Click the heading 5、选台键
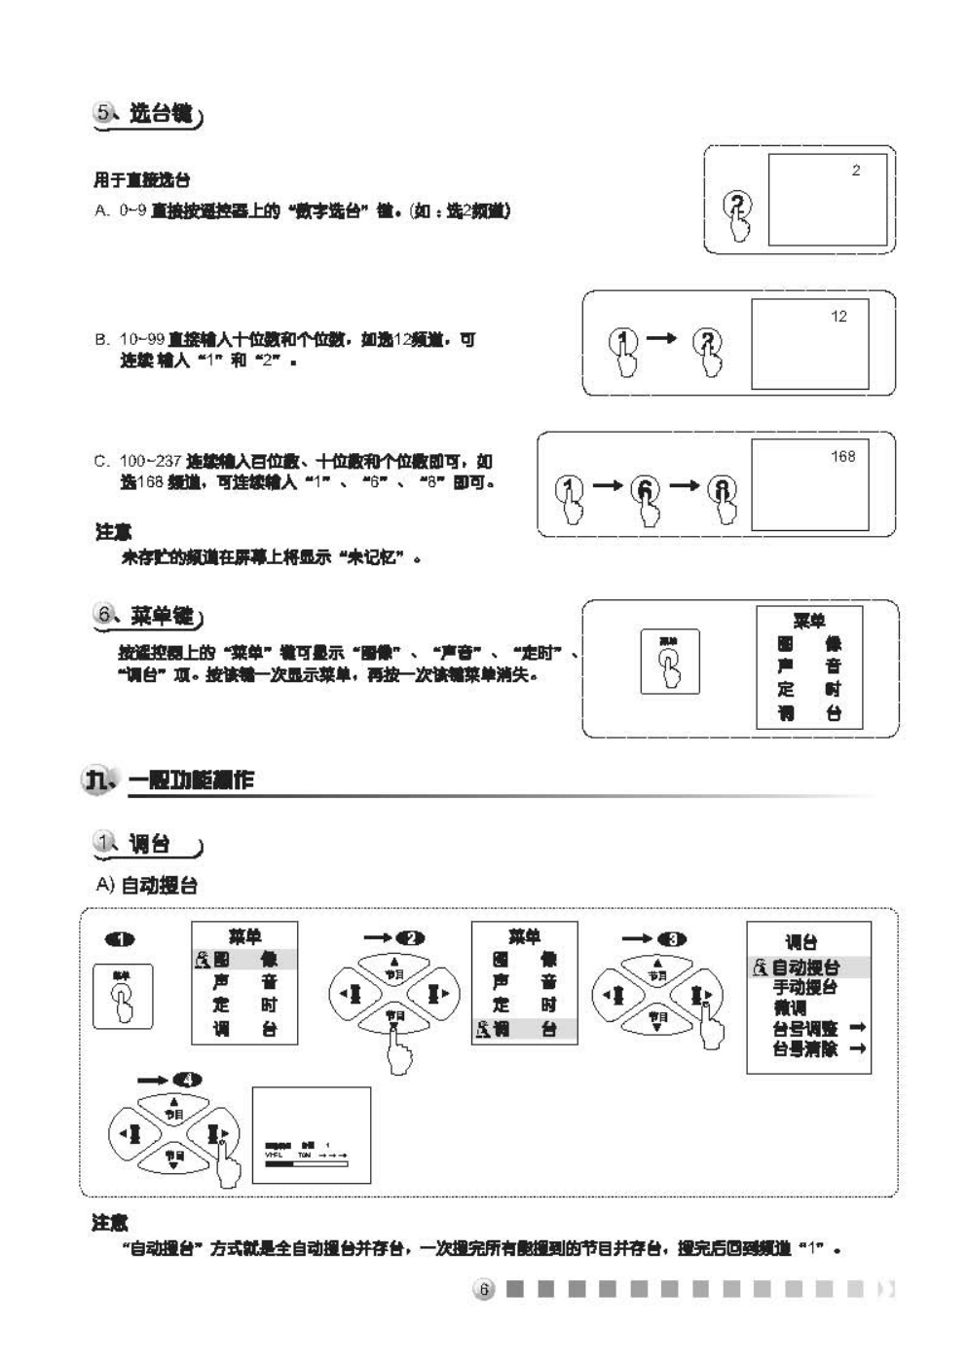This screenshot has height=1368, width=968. tap(148, 114)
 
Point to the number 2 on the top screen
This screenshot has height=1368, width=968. tap(856, 171)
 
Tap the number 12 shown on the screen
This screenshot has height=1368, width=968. tap(838, 317)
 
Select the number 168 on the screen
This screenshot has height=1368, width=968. tap(842, 456)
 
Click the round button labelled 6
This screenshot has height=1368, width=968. tap(647, 489)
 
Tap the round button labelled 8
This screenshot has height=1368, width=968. tap(722, 489)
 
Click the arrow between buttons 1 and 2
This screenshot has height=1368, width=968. tap(661, 338)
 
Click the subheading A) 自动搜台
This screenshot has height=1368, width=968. tap(146, 885)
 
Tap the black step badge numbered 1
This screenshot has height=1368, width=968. tap(120, 939)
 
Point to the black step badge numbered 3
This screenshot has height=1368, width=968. tap(672, 939)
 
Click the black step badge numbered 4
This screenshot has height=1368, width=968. tap(187, 1080)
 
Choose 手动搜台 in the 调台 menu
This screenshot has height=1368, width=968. tap(804, 987)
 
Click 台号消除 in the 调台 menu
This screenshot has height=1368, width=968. tap(804, 1048)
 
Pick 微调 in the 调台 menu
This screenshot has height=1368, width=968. tap(790, 1007)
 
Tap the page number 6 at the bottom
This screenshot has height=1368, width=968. tap(484, 1289)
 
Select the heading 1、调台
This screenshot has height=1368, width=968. tap(148, 844)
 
